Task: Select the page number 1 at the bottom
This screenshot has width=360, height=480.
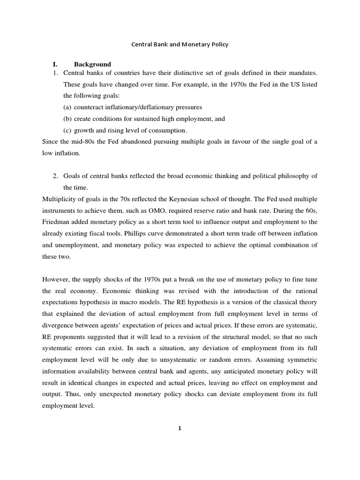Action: tap(180, 427)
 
